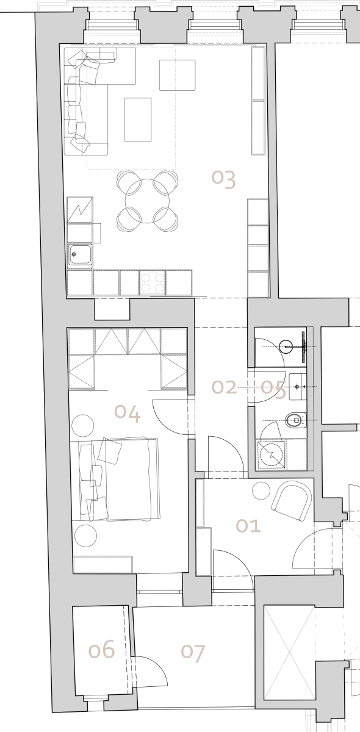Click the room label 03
click(224, 179)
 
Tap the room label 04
click(128, 414)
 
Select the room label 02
click(224, 387)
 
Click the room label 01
click(248, 526)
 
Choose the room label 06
click(102, 649)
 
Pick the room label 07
click(193, 653)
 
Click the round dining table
click(148, 201)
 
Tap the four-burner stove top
click(153, 283)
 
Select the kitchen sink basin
click(80, 254)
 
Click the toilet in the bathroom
click(296, 420)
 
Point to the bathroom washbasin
click(297, 387)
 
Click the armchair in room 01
click(291, 501)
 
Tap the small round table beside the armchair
click(261, 490)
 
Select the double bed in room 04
click(120, 479)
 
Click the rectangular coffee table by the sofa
click(138, 120)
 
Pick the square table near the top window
click(177, 75)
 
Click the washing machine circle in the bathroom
click(270, 454)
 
